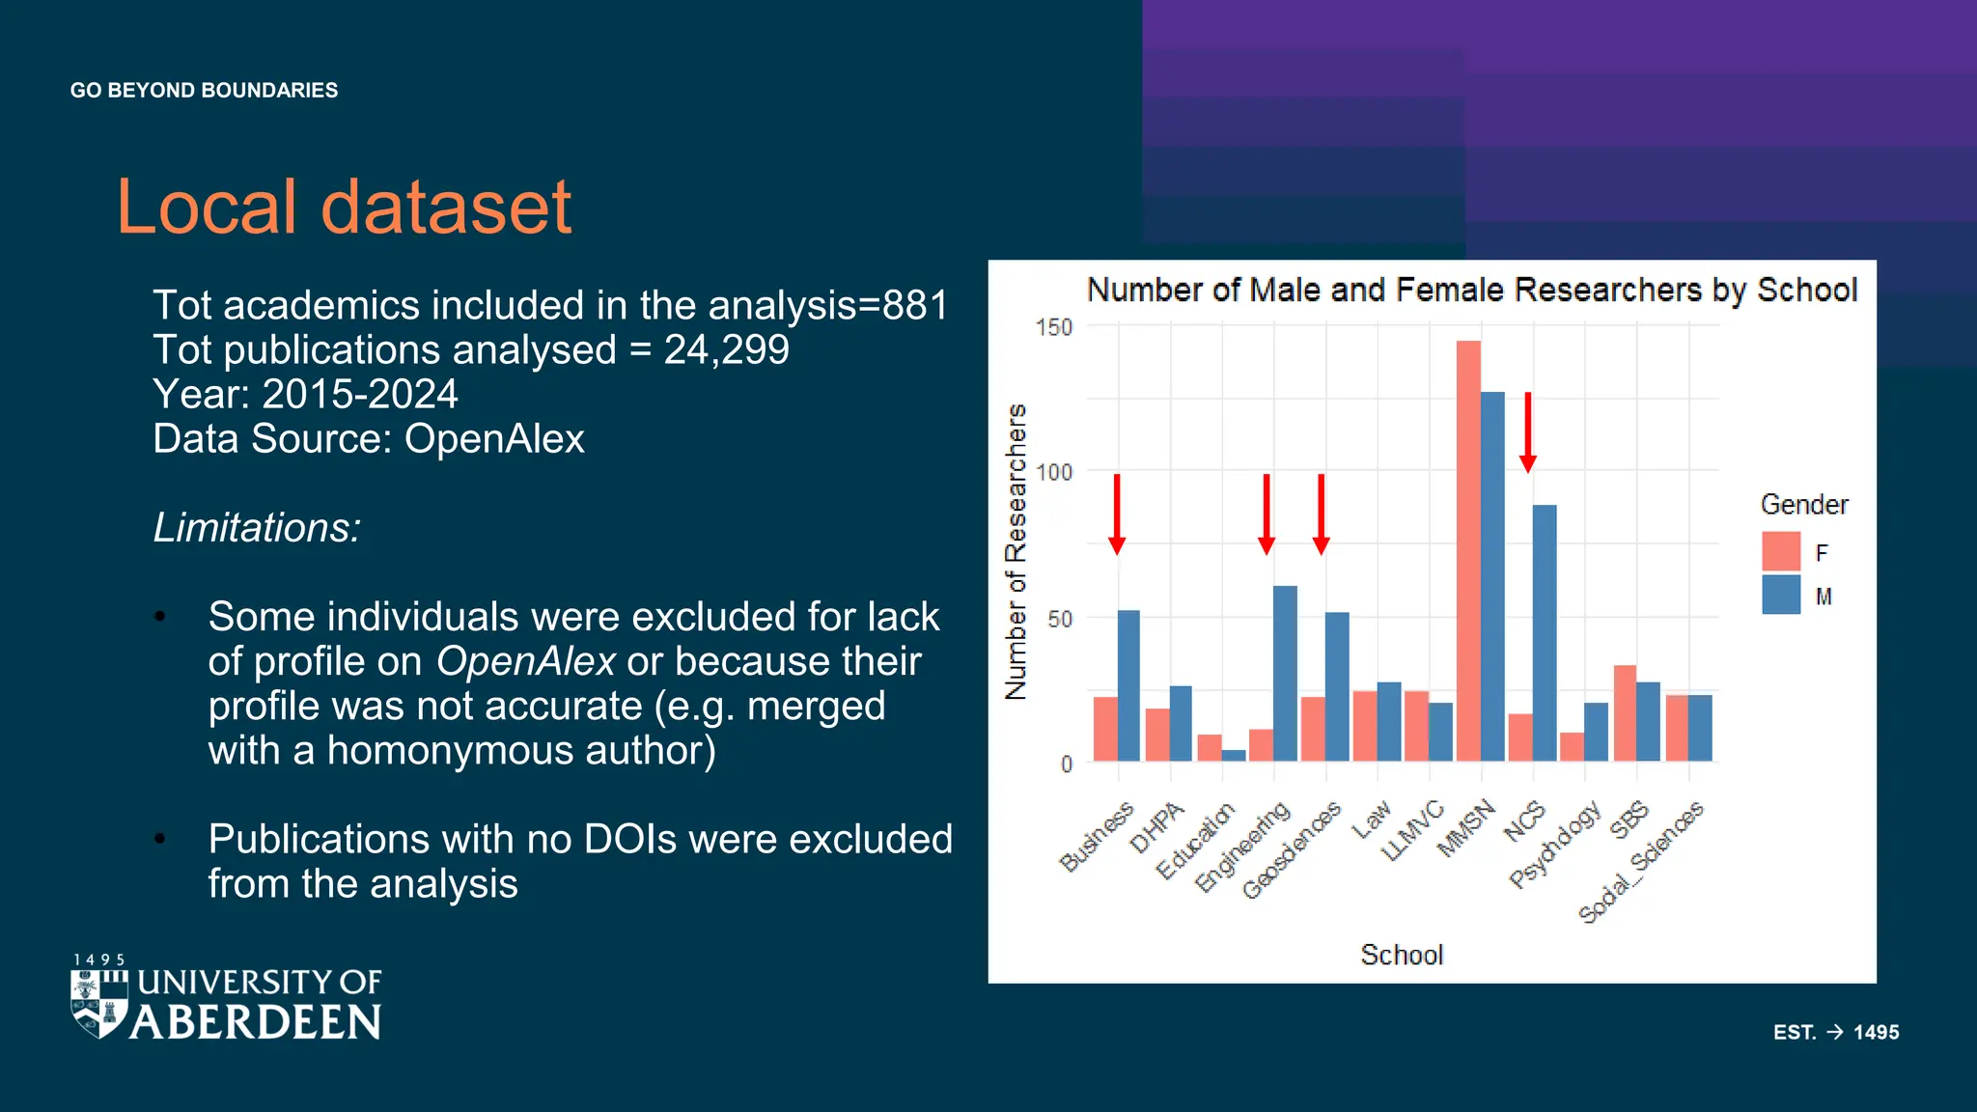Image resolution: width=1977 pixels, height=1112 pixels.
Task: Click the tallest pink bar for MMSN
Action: point(1468,550)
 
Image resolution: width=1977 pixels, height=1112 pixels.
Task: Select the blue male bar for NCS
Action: point(1544,632)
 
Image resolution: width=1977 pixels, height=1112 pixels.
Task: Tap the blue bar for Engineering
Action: point(1285,673)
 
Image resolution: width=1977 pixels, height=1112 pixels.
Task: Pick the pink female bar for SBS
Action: point(1625,712)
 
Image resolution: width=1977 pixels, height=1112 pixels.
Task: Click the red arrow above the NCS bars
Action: point(1527,432)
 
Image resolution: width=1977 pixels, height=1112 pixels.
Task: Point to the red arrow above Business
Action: point(1117,514)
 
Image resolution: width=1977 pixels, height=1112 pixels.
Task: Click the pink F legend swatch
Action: point(1780,551)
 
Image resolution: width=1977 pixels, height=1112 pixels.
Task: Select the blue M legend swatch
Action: point(1780,596)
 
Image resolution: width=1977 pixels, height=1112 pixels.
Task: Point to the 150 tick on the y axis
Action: point(1054,327)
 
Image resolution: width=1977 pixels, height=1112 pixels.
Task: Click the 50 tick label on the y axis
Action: point(1059,619)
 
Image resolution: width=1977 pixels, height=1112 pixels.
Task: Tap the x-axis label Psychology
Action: point(1555,844)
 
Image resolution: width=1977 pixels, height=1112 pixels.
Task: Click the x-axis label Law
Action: point(1371,820)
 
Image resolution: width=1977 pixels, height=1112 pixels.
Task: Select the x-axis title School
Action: point(1401,955)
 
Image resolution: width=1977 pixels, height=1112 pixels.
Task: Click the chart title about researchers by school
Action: point(1471,290)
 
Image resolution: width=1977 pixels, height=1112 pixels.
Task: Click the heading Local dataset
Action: point(344,207)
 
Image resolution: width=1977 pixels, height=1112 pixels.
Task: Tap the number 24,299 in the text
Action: point(726,349)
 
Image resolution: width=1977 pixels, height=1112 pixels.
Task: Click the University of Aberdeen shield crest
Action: point(99,1004)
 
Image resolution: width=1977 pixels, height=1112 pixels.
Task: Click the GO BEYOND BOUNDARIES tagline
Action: point(204,90)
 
